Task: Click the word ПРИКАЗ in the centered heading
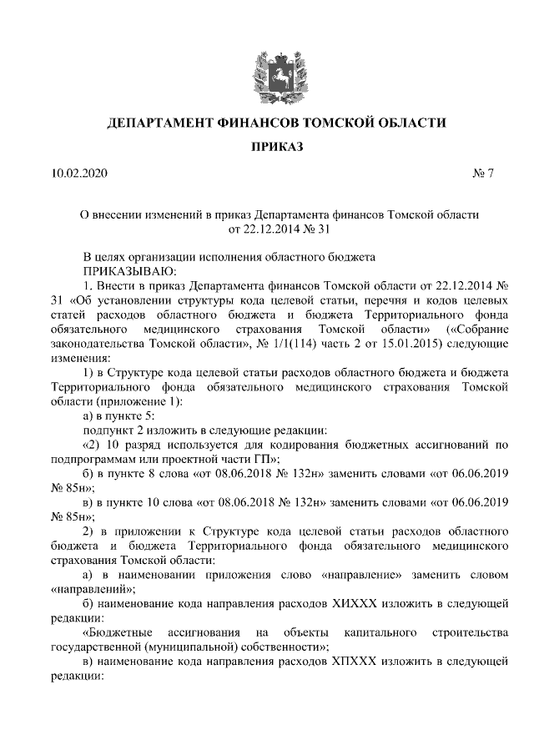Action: pyautogui.click(x=277, y=147)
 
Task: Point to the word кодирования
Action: pyautogui.click(x=280, y=445)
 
